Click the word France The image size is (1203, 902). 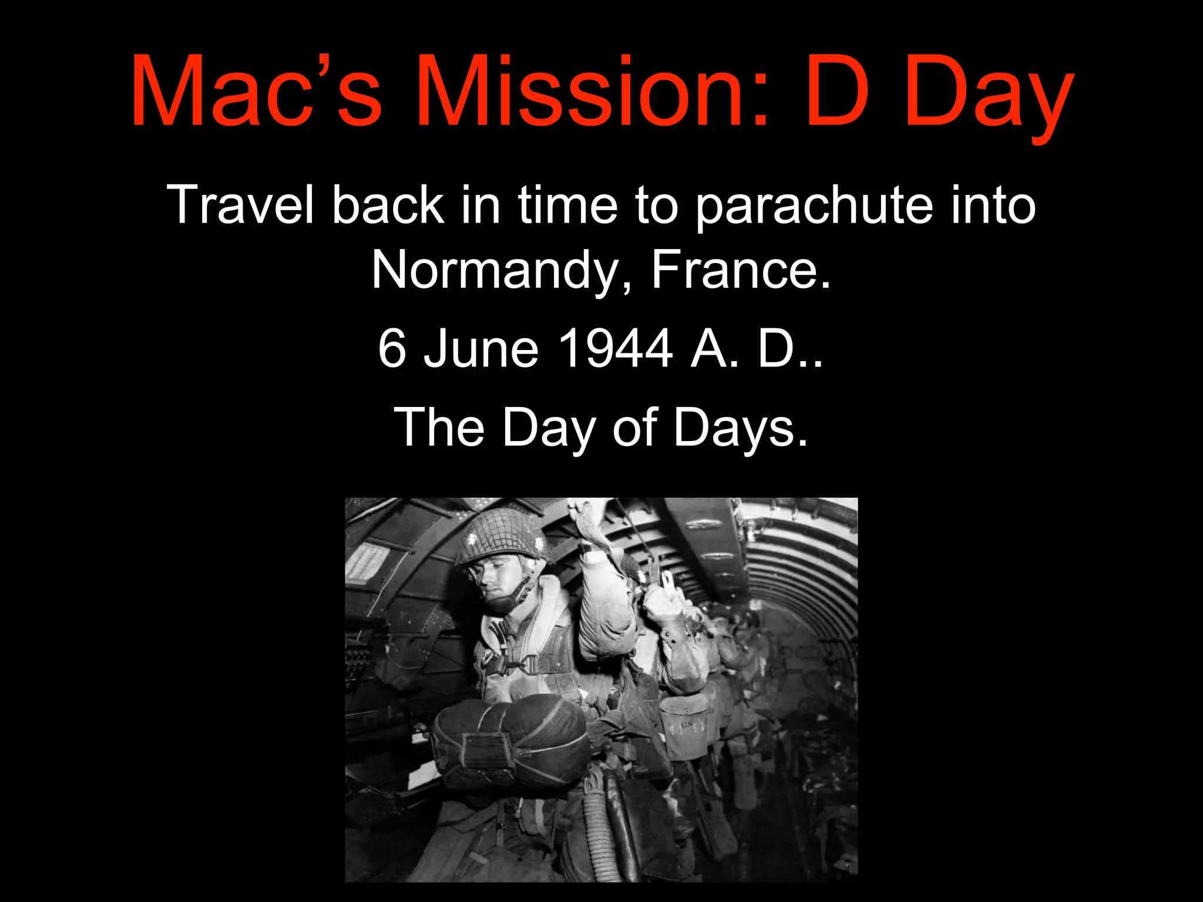[741, 270]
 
